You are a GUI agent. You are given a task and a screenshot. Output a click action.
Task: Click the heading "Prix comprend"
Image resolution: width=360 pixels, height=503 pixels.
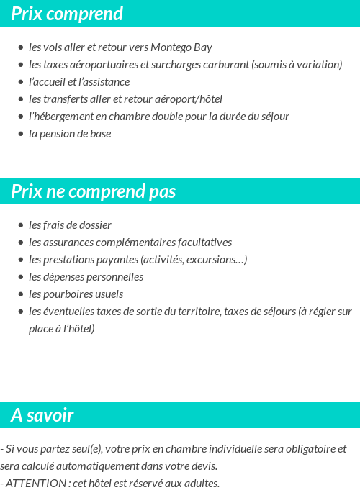[x=67, y=14]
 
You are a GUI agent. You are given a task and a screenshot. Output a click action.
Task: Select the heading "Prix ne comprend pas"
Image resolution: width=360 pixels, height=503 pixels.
[x=94, y=191]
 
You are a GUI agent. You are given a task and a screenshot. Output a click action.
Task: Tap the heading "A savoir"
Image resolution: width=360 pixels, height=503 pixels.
[x=42, y=415]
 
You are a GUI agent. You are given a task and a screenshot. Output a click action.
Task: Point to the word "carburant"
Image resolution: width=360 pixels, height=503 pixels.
[x=227, y=65]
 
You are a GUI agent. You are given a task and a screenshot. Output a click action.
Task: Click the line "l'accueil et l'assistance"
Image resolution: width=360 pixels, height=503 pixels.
[x=79, y=82]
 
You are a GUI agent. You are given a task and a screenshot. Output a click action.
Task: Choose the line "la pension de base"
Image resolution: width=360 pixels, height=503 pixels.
[x=70, y=134]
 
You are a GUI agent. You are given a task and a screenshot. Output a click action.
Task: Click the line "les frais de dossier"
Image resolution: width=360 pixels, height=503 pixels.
[x=70, y=225]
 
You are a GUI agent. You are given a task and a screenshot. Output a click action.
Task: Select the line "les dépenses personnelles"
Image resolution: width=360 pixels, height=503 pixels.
[x=86, y=277]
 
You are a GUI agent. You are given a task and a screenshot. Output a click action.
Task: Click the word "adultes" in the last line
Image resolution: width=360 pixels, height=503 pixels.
[x=201, y=483]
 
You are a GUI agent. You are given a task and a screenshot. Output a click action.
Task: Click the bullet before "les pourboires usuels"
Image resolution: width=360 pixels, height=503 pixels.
[x=21, y=294]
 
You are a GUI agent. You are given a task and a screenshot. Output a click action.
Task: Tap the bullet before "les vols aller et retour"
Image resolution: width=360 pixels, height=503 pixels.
[x=21, y=47]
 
